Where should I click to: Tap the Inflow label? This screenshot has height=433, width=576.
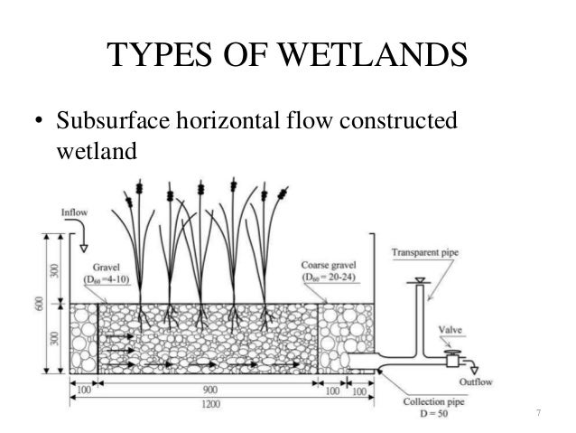[75, 212]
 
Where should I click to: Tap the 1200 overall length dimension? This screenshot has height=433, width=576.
[207, 403]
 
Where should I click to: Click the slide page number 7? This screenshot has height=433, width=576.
[538, 414]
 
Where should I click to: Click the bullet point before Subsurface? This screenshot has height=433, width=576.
[40, 121]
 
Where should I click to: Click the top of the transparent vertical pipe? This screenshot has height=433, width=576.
[416, 282]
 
